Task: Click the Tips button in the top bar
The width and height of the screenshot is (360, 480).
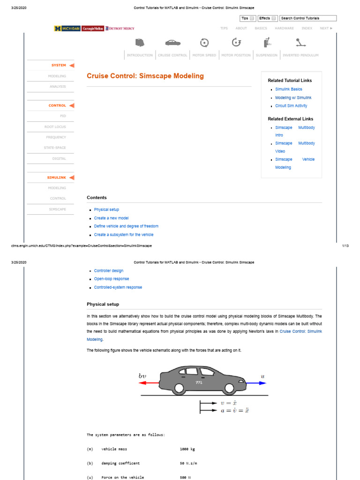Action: click(x=247, y=18)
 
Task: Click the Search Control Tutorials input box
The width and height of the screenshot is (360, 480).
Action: click(x=308, y=18)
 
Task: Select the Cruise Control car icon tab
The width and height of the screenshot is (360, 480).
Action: click(x=172, y=43)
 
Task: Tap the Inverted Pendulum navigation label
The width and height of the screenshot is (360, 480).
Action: click(x=300, y=55)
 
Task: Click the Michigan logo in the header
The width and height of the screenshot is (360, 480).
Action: click(x=67, y=29)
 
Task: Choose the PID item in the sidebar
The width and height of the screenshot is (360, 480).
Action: click(x=63, y=116)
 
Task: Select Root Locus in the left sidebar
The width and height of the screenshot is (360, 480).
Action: click(x=55, y=127)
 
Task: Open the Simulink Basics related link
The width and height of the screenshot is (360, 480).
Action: click(x=289, y=89)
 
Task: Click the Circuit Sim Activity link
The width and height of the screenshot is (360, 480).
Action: click(x=291, y=106)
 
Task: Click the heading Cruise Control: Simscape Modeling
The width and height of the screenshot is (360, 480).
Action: click(x=145, y=76)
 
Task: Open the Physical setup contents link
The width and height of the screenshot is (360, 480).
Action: click(x=106, y=210)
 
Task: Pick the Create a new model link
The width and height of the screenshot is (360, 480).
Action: click(x=111, y=218)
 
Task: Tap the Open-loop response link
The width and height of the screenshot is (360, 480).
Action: click(x=112, y=279)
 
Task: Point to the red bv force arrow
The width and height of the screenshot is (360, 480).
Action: click(x=149, y=383)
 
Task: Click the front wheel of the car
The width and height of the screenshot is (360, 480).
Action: click(x=229, y=389)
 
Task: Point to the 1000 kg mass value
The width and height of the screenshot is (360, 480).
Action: click(x=187, y=449)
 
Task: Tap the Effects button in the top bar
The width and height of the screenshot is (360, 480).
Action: click(x=268, y=18)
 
